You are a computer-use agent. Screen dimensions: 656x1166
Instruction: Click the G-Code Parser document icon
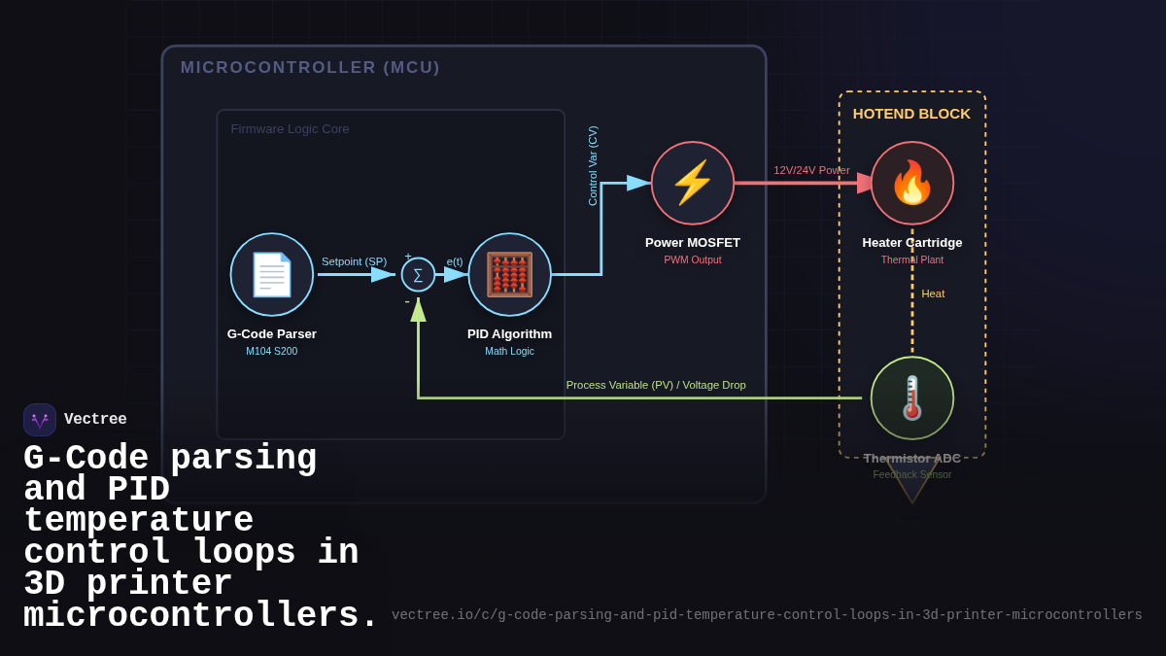tap(272, 274)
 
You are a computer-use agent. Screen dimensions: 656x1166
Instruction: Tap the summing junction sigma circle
tap(418, 275)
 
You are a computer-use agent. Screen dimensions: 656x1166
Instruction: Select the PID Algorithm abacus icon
tap(509, 274)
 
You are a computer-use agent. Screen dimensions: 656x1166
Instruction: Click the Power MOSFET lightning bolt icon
tap(693, 183)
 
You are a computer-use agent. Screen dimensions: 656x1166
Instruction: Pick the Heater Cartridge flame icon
tap(912, 183)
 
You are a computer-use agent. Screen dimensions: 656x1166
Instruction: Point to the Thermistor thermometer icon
tap(912, 397)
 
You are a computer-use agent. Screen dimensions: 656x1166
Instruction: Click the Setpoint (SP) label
tap(354, 261)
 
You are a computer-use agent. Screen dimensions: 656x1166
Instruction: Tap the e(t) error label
tap(455, 261)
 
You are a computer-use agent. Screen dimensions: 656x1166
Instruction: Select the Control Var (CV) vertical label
tap(593, 165)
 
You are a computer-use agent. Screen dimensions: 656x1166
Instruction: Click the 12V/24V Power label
tap(811, 170)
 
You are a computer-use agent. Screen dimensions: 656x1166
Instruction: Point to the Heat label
tap(933, 293)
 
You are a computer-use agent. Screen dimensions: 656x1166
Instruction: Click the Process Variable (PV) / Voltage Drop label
tap(656, 385)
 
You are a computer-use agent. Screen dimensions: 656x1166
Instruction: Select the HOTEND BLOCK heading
tap(911, 114)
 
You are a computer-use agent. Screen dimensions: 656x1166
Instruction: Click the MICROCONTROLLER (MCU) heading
tap(310, 68)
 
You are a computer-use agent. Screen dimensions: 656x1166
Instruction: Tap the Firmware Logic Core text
tap(290, 129)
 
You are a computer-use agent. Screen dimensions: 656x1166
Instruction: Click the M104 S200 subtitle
tap(272, 351)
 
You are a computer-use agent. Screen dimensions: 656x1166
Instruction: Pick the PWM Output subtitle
tap(693, 259)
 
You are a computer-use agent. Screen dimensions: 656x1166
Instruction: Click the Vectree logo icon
tap(40, 420)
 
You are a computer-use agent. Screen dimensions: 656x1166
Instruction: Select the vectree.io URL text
tap(767, 615)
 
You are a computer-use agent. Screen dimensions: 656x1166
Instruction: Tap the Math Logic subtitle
tap(509, 351)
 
